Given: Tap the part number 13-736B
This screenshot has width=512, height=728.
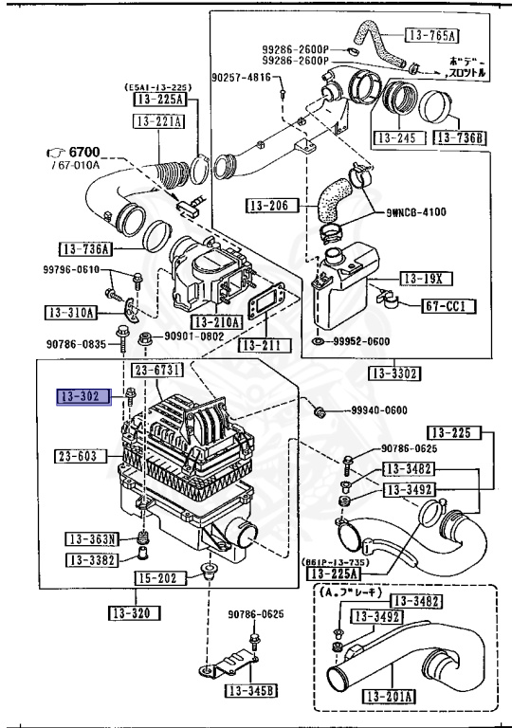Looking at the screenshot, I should coord(460,137).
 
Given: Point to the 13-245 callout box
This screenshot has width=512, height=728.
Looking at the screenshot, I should coord(396,137).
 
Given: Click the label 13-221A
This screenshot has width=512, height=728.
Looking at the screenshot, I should coord(158,121).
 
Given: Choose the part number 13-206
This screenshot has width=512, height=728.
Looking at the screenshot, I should coord(271,204).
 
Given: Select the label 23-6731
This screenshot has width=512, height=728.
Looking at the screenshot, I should coord(157,370).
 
